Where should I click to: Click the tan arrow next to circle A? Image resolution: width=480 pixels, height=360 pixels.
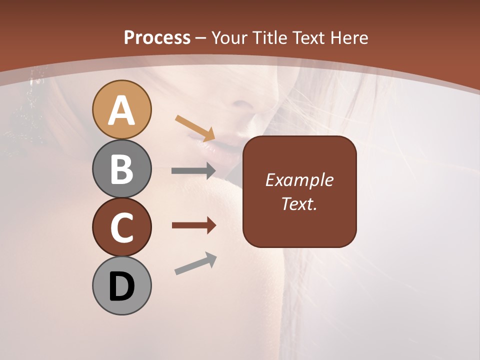click(x=195, y=128)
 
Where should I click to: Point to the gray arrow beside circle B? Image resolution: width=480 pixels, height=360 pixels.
click(x=193, y=171)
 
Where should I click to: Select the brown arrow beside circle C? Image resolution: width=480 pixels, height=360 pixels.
click(x=193, y=225)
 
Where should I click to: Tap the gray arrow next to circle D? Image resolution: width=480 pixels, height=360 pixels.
click(x=195, y=263)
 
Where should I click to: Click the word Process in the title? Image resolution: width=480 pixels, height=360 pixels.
click(x=157, y=37)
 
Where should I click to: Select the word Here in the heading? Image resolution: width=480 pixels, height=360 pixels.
click(x=349, y=37)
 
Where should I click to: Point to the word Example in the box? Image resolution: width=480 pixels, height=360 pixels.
click(x=299, y=180)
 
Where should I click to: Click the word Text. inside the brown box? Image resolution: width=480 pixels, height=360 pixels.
click(x=299, y=203)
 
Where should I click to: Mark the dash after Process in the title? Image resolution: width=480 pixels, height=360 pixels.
click(x=200, y=38)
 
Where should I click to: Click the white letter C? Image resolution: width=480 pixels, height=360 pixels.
click(x=121, y=227)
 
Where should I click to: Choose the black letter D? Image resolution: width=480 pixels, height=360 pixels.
click(x=121, y=286)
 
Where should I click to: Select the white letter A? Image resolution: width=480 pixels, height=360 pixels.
click(x=121, y=110)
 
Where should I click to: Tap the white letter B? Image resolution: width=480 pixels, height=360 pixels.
click(x=121, y=169)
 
